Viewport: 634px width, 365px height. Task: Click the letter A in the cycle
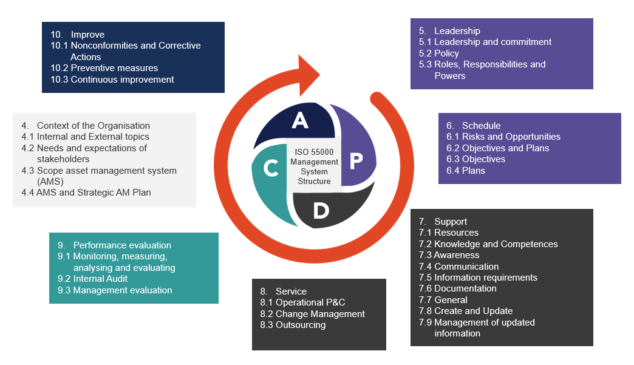point(299,121)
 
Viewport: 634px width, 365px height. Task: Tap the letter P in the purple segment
point(356,160)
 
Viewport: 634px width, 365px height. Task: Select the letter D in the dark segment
point(321,210)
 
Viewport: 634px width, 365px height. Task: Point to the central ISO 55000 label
point(314,166)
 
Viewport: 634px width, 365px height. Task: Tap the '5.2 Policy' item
point(438,53)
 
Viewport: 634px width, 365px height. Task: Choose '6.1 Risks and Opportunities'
point(503,137)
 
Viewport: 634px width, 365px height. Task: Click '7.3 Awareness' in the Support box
point(449,255)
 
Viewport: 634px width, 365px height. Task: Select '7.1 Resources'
point(448,233)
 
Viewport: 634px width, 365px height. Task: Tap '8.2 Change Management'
point(312,314)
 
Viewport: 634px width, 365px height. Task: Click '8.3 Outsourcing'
point(293,325)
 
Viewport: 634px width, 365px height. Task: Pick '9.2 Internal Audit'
point(92,279)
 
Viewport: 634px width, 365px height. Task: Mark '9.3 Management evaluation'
point(115,290)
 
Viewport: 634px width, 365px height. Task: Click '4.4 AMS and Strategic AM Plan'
point(86,193)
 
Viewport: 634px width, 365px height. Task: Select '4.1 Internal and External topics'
point(85,137)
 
